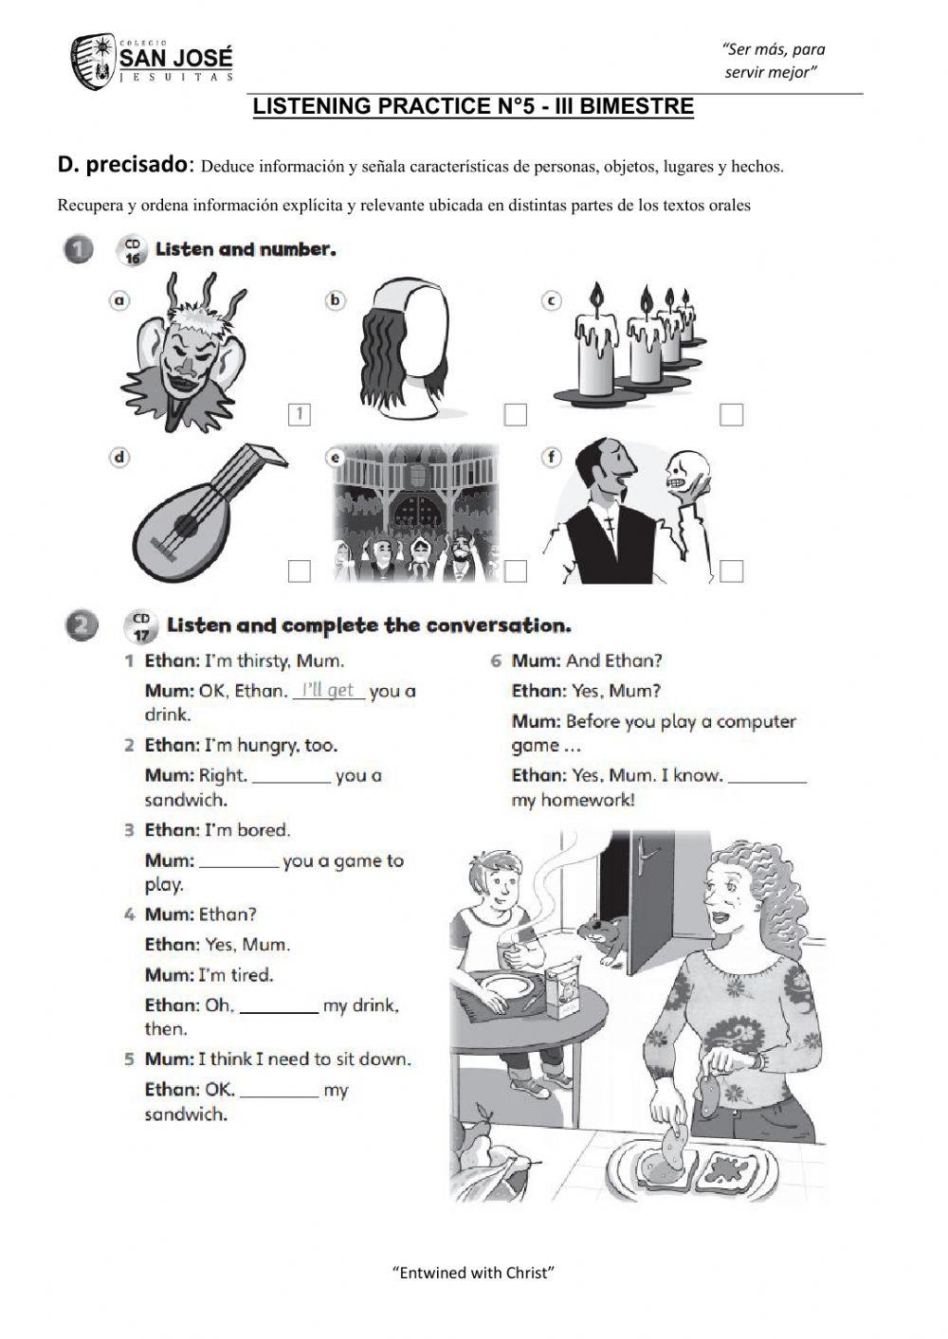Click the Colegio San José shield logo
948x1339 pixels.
pos(93,62)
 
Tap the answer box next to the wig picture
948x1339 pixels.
pos(515,414)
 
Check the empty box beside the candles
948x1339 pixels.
pos(731,414)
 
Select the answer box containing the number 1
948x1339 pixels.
pos(299,414)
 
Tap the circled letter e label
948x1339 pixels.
pos(336,458)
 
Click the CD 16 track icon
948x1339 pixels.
pos(132,251)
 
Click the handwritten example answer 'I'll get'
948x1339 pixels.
pos(328,690)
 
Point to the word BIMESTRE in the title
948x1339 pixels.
pos(636,106)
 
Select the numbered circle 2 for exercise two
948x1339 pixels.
pos(82,626)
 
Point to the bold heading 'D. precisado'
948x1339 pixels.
pos(122,164)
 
